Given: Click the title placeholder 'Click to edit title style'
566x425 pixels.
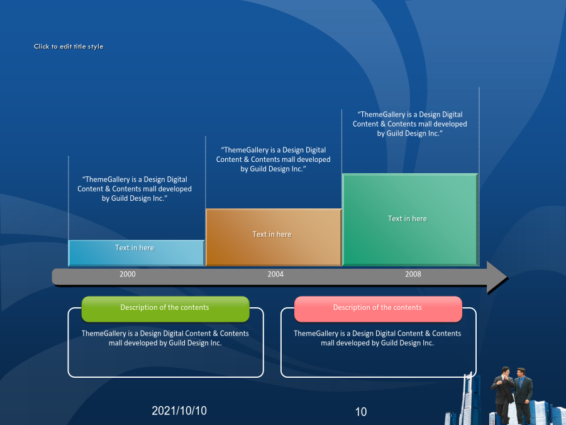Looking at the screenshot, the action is point(69,47).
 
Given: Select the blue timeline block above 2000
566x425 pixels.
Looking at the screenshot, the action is point(136,253).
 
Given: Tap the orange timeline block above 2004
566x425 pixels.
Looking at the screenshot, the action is point(274,237).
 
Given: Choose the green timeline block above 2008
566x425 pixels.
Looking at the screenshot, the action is point(411,220).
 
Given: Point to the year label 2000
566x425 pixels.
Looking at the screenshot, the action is point(128,275).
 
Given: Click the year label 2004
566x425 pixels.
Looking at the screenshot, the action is point(275,275).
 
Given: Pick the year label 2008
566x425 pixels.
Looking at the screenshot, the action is point(413,275).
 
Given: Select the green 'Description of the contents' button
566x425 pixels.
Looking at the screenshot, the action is point(165,309).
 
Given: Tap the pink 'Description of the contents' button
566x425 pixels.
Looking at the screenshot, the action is point(378,309).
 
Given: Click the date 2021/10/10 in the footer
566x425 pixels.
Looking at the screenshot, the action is point(179,411).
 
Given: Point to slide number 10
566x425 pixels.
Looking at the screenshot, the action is point(361,412).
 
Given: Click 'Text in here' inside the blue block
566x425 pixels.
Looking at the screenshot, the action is point(135,248).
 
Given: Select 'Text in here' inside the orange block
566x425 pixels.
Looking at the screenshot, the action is point(272,234).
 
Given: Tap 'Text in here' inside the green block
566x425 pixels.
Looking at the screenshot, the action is point(407,218).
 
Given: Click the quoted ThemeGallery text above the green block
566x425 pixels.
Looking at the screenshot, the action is point(409,124).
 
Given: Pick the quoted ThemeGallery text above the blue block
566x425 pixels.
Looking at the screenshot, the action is point(135,189).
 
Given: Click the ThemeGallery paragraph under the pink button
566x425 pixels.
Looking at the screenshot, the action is point(377,338).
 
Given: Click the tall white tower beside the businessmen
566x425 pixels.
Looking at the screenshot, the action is point(469,399).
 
